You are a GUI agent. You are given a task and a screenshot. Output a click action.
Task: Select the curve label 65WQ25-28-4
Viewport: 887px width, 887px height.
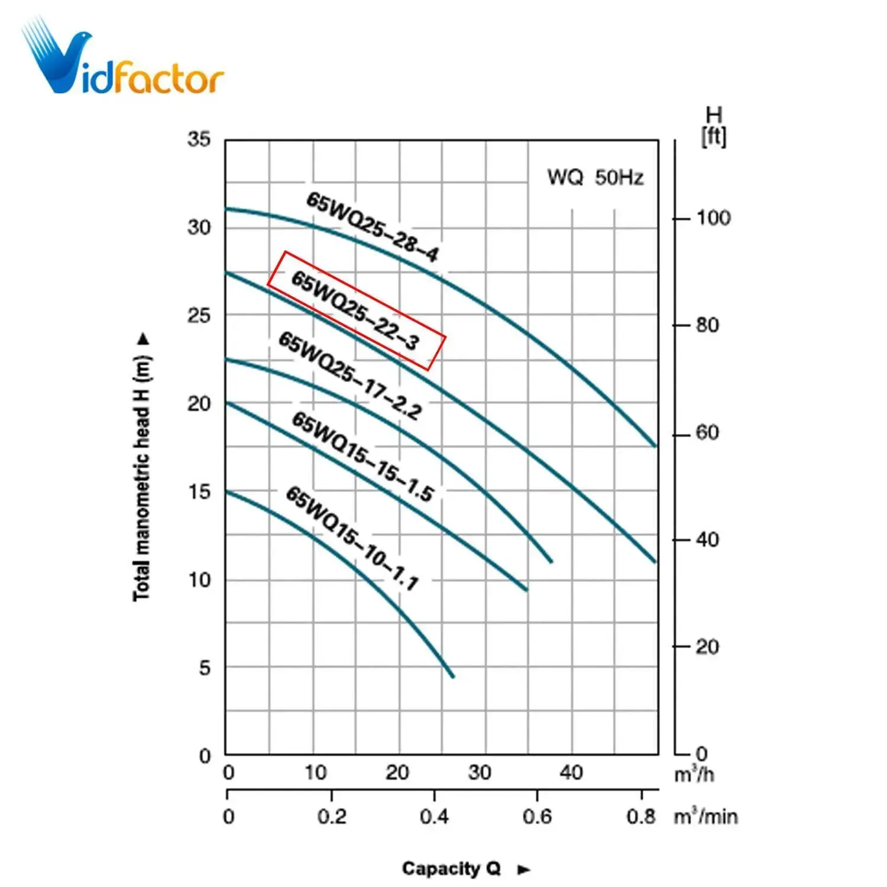(373, 227)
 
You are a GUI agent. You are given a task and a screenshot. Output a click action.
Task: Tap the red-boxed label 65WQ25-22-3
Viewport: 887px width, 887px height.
(356, 310)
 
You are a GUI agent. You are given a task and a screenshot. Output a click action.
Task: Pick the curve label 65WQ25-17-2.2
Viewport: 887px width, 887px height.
(350, 376)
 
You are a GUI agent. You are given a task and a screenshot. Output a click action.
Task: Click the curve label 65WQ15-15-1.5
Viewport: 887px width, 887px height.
(363, 457)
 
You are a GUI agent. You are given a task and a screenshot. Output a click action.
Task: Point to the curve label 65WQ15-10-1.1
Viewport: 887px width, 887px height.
(352, 538)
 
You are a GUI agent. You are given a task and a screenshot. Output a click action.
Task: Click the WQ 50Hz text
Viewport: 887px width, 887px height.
(595, 177)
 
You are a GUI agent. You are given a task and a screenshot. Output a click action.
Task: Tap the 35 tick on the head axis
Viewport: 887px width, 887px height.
(199, 140)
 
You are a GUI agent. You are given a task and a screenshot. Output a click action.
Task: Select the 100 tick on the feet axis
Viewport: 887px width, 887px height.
(713, 218)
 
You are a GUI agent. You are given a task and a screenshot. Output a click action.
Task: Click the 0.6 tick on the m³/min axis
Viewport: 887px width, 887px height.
(537, 817)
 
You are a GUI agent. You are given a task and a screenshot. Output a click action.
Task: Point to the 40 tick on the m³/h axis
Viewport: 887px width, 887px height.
(571, 772)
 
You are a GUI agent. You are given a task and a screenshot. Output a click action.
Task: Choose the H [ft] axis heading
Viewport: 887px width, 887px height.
(714, 126)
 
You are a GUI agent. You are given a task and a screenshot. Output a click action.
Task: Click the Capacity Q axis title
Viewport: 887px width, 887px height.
(451, 868)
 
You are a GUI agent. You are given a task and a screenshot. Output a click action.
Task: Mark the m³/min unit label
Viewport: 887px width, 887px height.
(705, 817)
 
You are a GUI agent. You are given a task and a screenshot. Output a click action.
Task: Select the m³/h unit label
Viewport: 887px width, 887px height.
(694, 774)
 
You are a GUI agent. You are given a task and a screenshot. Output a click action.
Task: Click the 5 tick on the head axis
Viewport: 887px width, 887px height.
(205, 668)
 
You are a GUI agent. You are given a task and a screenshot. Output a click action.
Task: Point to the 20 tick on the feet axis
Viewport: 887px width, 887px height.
(707, 647)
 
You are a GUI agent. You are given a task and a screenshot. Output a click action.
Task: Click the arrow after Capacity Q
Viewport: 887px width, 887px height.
(524, 869)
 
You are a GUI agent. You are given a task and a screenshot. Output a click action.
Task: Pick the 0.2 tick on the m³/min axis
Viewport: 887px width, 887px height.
(332, 817)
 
